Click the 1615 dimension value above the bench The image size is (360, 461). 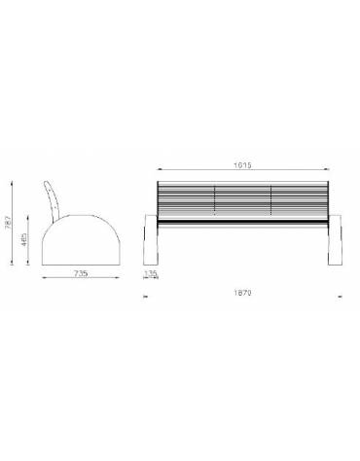(242, 165)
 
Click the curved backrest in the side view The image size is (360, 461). (55, 199)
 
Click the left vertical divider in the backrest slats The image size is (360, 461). (214, 200)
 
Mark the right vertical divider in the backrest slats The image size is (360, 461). (271, 200)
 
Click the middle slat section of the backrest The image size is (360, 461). (242, 200)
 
